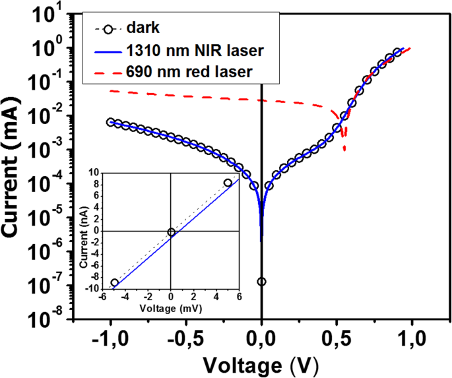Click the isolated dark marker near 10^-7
(x=261, y=282)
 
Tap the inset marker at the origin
(x=171, y=232)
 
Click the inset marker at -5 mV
(x=115, y=282)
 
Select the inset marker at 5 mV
(x=228, y=183)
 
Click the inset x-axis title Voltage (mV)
(x=170, y=308)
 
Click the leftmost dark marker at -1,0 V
(x=111, y=122)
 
